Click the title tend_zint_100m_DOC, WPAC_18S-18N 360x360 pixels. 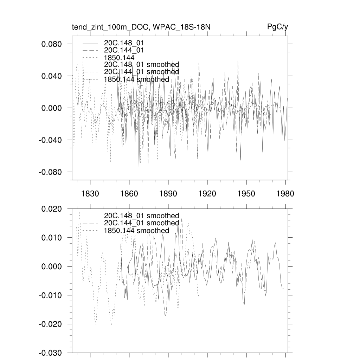[141, 27]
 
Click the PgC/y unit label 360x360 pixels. [278, 27]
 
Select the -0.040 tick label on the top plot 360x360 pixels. [51, 140]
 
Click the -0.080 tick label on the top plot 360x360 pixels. [51, 172]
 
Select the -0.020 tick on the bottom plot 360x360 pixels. [51, 324]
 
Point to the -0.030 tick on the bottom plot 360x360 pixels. [51, 353]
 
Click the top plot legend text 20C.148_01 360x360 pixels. [124, 43]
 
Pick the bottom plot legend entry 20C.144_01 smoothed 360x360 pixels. [142, 223]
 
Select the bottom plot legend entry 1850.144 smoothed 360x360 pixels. [137, 231]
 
